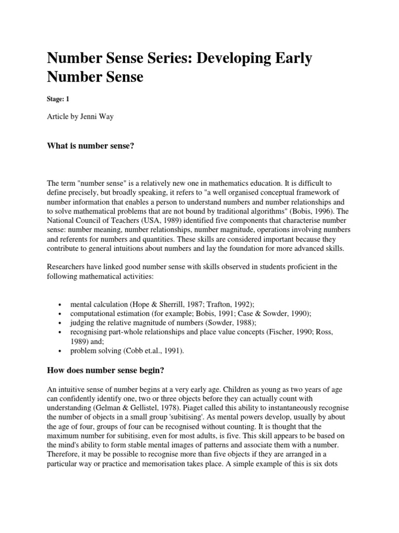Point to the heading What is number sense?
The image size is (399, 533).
91,147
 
